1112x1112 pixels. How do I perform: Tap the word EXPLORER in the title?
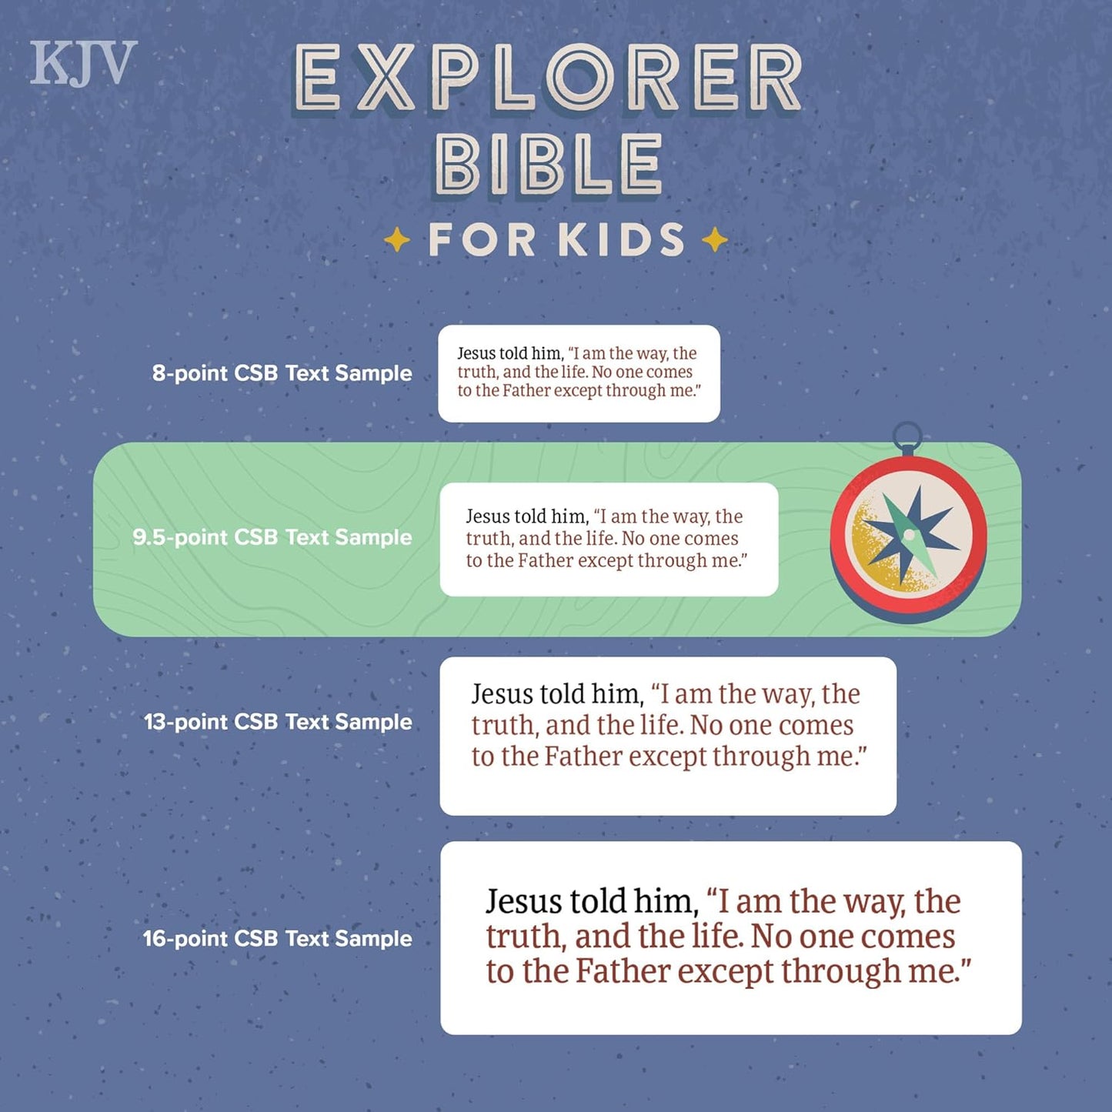548,78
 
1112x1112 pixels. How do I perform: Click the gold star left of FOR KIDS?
397,240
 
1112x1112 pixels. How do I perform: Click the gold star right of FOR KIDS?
715,240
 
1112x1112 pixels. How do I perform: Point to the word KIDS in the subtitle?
621,240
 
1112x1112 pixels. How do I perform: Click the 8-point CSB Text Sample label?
282,373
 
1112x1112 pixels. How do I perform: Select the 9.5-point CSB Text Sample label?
272,537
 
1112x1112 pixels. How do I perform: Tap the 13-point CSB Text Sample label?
278,722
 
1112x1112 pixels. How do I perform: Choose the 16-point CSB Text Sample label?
277,939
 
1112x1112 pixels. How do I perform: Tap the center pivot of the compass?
909,535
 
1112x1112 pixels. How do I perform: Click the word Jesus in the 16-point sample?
524,902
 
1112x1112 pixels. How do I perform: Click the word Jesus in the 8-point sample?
476,353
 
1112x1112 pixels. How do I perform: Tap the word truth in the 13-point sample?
503,726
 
